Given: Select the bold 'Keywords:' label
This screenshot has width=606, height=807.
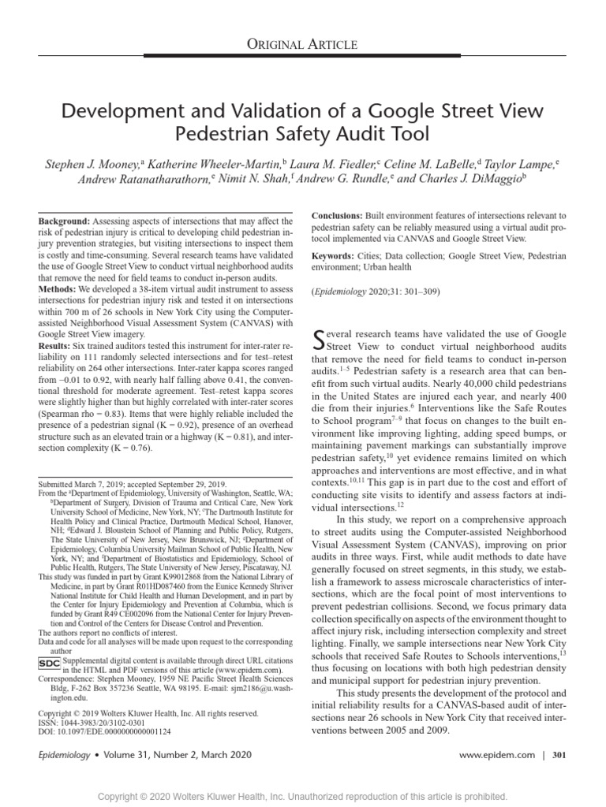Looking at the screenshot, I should pyautogui.click(x=335, y=257).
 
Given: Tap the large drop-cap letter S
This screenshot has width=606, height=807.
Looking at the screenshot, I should pyautogui.click(x=320, y=340).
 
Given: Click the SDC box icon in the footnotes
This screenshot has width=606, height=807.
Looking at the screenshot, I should pyautogui.click(x=49, y=664).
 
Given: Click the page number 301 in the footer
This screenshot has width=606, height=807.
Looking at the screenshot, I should pyautogui.click(x=559, y=755).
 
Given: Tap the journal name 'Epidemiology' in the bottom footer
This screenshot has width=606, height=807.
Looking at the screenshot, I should pyautogui.click(x=64, y=755).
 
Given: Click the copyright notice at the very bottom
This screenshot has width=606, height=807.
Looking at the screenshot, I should pyautogui.click(x=303, y=796).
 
